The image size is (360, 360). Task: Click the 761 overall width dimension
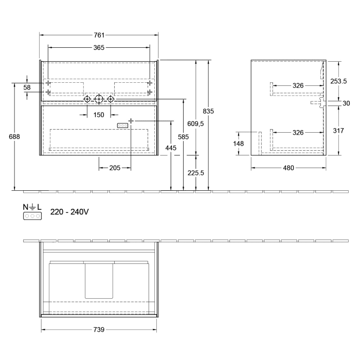click(x=99, y=35)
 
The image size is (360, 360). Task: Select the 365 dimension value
click(x=99, y=48)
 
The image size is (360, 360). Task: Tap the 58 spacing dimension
click(x=27, y=87)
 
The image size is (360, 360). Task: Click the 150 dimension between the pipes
click(x=99, y=114)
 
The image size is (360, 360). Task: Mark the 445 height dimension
click(x=171, y=148)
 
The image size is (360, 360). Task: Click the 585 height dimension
click(x=183, y=137)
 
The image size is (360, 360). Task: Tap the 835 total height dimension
click(x=209, y=111)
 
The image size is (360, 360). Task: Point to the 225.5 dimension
click(x=196, y=173)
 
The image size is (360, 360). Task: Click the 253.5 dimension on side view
click(x=339, y=81)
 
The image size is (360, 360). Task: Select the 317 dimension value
click(x=338, y=131)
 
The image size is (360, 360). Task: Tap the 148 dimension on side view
click(x=238, y=143)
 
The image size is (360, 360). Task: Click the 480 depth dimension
click(x=288, y=168)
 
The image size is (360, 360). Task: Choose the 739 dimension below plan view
click(x=99, y=329)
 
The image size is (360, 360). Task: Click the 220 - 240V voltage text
click(x=69, y=212)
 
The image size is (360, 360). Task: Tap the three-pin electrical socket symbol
click(x=31, y=216)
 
